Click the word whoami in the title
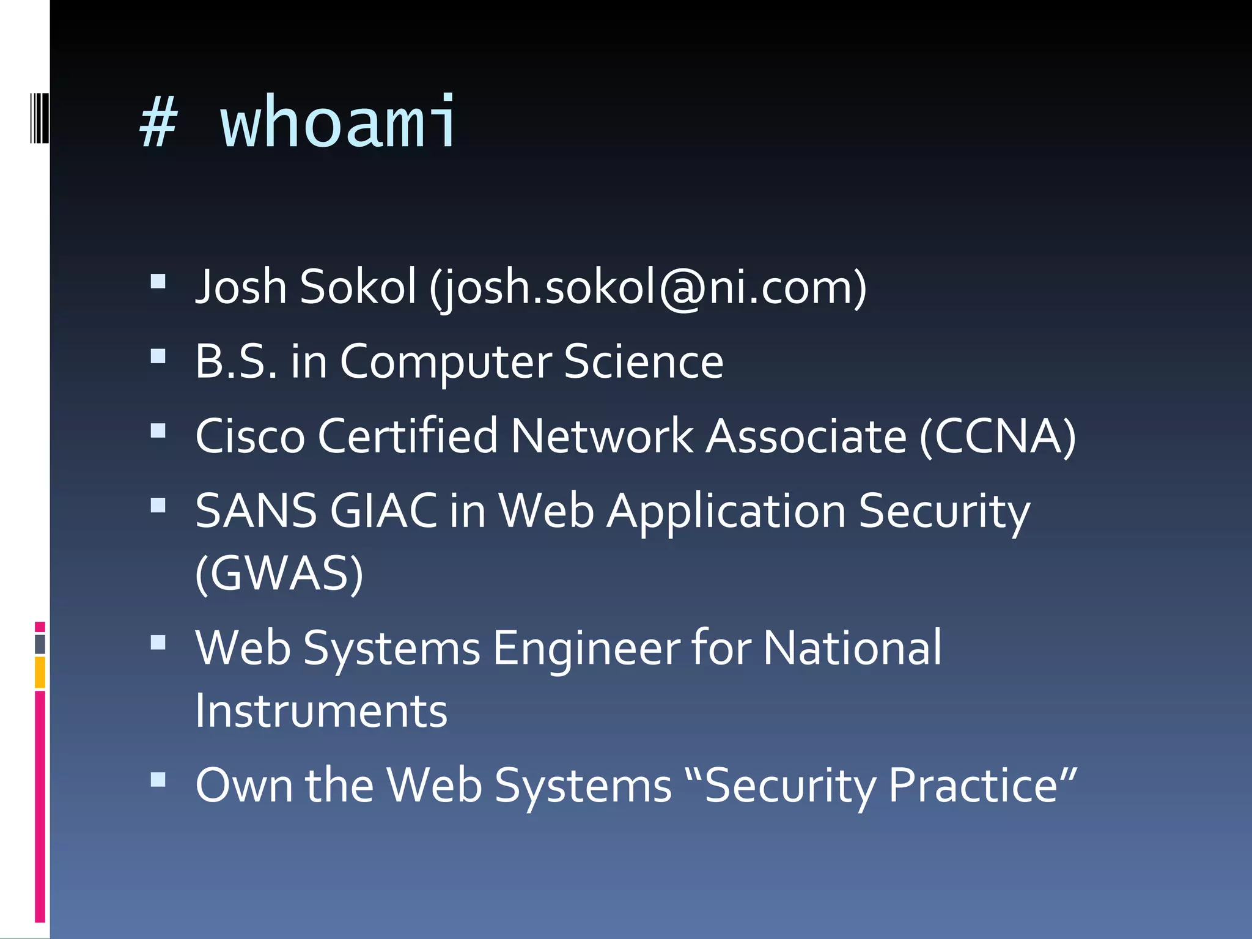(338, 122)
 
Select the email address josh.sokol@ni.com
(648, 287)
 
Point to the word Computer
(446, 362)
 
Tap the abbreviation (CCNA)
(998, 436)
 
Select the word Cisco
(250, 436)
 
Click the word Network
(602, 436)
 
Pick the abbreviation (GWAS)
(279, 573)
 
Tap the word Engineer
(586, 648)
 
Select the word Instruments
(322, 711)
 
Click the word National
(853, 648)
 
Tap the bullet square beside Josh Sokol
(158, 281)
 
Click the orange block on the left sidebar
(40, 672)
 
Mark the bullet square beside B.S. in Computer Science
(158, 356)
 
